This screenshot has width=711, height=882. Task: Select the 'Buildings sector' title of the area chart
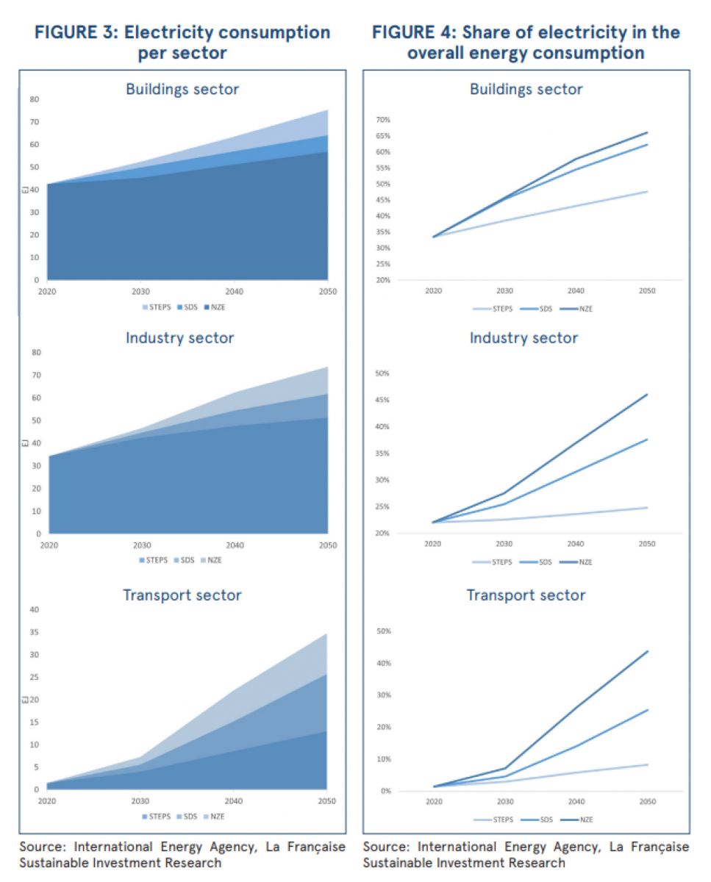(x=182, y=89)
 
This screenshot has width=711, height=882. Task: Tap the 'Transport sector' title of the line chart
(x=526, y=595)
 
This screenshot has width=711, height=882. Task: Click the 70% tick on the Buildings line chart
(x=383, y=120)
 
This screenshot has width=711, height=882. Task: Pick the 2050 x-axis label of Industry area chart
(x=327, y=545)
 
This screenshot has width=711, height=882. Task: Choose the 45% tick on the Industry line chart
(x=383, y=400)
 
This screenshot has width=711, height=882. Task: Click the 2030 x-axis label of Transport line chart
(x=504, y=802)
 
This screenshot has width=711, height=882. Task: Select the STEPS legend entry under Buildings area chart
(x=155, y=307)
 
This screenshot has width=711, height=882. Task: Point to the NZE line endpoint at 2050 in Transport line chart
(x=647, y=651)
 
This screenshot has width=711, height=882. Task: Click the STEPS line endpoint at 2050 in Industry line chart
(x=647, y=507)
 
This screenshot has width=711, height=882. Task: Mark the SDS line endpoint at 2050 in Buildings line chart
(x=647, y=144)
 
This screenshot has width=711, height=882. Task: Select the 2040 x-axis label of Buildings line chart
(x=576, y=291)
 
